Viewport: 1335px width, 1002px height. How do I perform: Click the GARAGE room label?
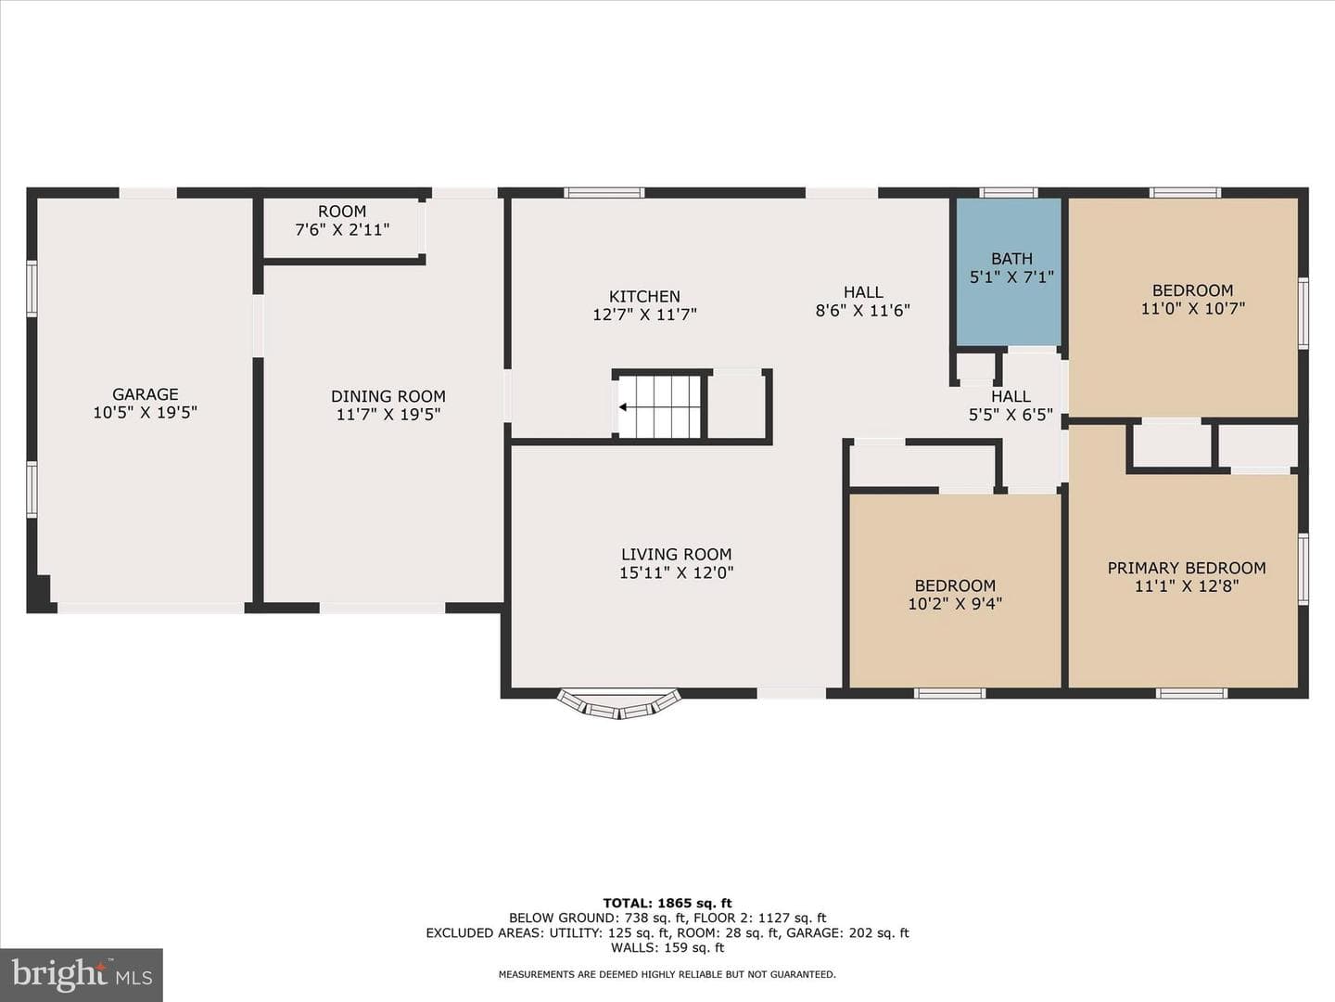coord(146,394)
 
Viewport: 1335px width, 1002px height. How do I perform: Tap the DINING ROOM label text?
coord(388,397)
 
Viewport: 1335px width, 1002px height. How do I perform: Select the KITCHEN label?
coord(644,296)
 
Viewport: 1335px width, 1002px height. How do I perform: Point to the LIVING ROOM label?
coord(677,554)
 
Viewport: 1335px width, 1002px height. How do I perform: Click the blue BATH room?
coord(1010,271)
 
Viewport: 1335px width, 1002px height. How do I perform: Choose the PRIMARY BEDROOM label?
coord(1187,568)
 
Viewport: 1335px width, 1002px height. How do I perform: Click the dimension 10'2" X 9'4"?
coord(955,604)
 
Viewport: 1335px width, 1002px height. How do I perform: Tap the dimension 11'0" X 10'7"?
coord(1192,308)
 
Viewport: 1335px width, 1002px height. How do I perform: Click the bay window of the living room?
coord(619,704)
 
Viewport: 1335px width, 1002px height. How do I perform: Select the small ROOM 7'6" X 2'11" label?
coord(342,221)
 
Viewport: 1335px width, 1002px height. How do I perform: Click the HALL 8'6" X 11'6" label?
coord(863,302)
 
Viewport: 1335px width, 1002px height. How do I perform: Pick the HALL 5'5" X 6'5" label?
coord(1011,405)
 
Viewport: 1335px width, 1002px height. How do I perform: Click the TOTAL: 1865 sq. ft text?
coord(667,903)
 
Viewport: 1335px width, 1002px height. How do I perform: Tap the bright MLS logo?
coord(82,974)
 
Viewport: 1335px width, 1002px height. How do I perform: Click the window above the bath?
coord(1009,193)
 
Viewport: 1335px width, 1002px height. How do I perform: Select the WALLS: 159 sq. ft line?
coord(667,947)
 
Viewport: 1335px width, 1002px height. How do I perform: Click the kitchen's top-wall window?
coord(604,193)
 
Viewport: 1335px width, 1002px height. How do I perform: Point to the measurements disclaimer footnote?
coord(667,974)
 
